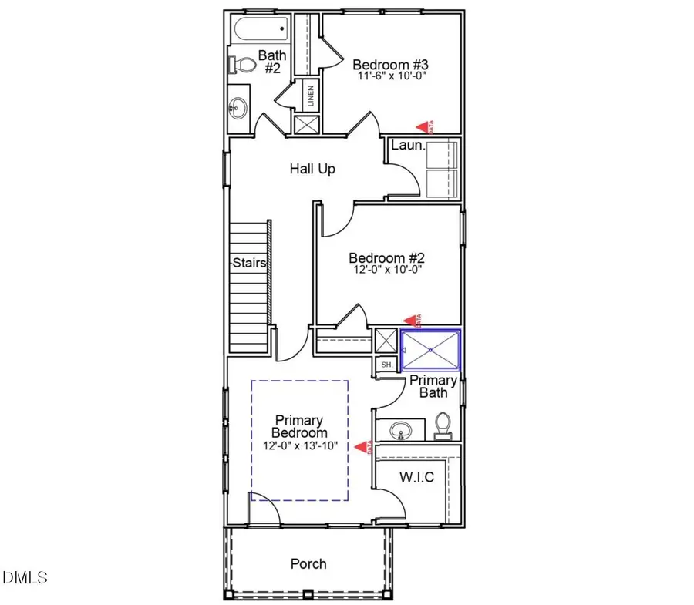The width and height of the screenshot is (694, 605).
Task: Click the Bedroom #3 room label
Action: click(389, 64)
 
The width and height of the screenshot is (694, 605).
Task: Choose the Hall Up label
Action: click(312, 168)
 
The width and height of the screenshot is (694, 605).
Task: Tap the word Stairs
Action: click(249, 263)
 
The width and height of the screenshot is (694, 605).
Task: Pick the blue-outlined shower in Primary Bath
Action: click(430, 350)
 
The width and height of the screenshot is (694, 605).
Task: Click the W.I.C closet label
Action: click(416, 477)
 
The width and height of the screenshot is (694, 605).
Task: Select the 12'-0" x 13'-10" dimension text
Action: click(299, 446)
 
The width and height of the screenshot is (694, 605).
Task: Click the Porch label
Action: click(308, 563)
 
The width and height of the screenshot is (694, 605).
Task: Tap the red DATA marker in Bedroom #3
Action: click(423, 126)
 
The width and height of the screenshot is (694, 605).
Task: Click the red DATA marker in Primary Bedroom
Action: click(362, 445)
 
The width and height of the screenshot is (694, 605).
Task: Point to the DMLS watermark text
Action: click(25, 576)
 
